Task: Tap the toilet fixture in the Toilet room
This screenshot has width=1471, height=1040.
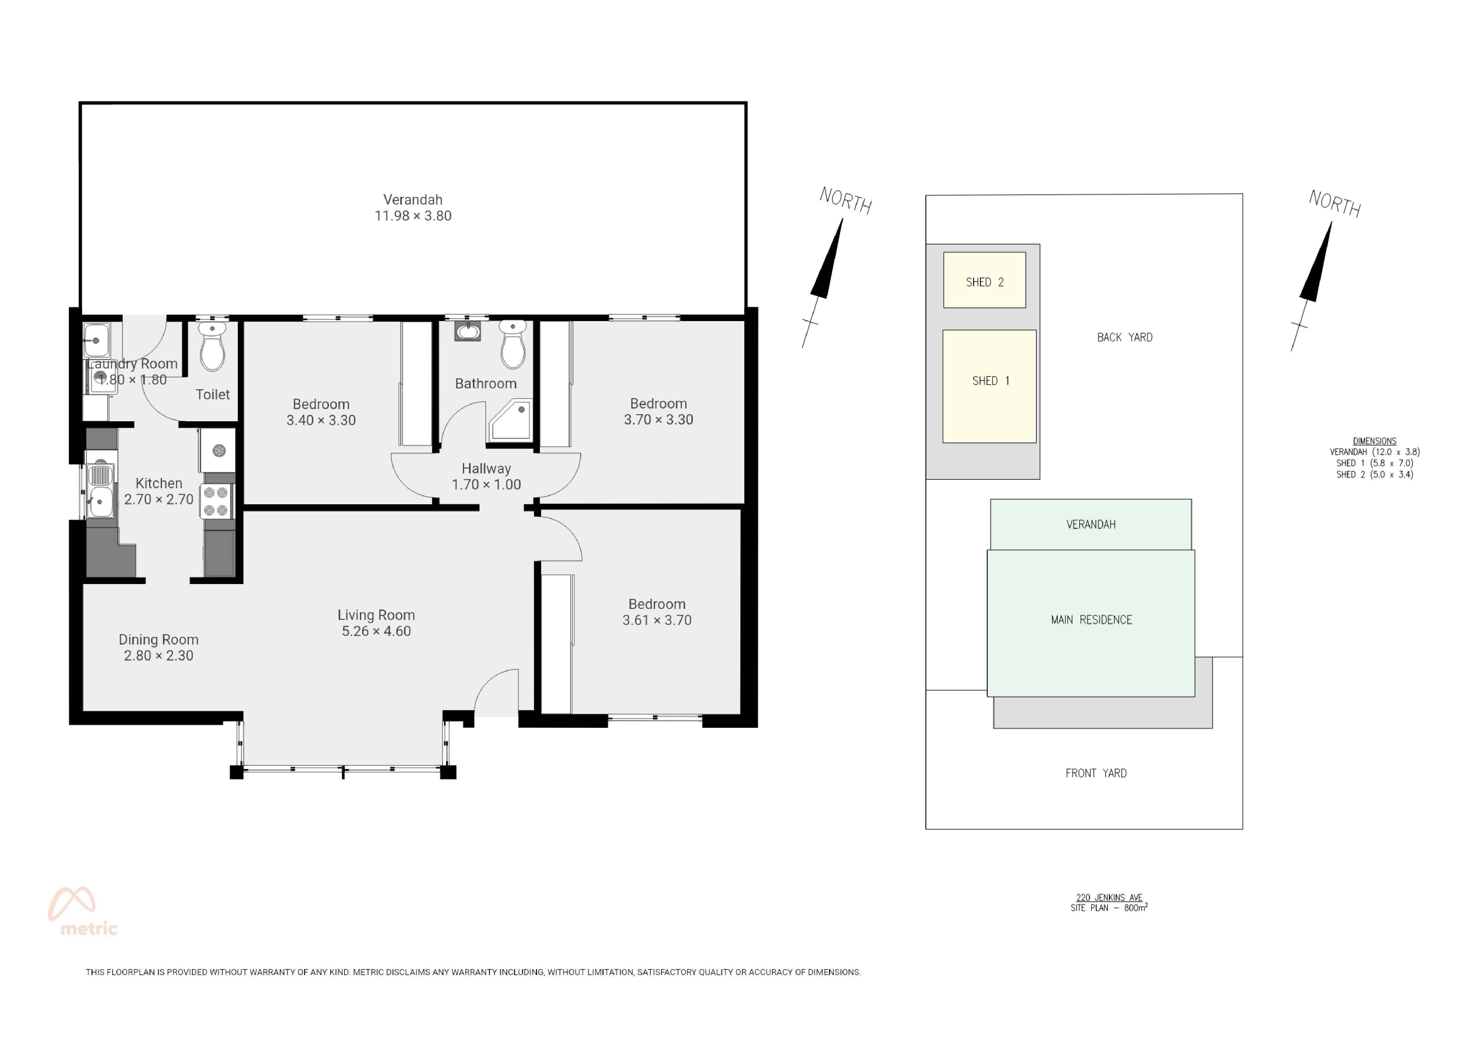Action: pos(212,347)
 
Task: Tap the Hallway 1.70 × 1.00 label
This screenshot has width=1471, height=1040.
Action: pos(486,476)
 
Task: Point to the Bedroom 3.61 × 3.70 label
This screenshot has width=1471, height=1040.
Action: pos(657,612)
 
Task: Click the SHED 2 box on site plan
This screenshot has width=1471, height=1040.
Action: pos(985,280)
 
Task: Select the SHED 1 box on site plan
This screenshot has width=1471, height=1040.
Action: pos(989,386)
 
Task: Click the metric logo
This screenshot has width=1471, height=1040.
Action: pos(82,912)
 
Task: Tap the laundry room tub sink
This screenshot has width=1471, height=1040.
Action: pos(97,340)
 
